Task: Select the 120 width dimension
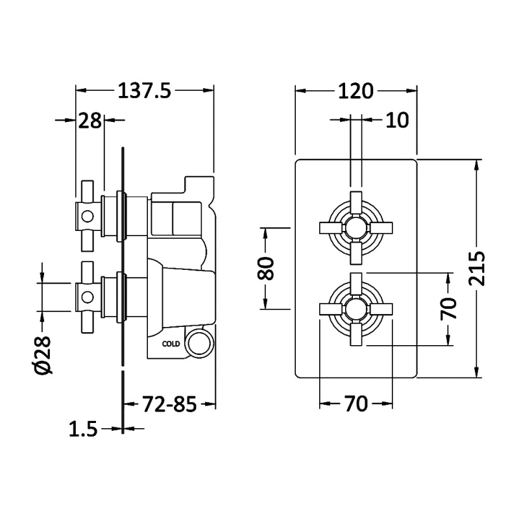(356, 91)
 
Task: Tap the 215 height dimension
(477, 269)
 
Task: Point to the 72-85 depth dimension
(169, 404)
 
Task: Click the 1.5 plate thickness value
(83, 429)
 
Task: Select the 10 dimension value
(398, 120)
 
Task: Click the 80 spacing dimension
(265, 269)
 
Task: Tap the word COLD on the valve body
(171, 344)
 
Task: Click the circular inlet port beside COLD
(199, 343)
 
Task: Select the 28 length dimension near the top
(90, 121)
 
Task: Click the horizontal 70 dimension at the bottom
(356, 404)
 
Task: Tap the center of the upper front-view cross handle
(356, 228)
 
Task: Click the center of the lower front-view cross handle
(356, 309)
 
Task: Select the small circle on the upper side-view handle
(88, 217)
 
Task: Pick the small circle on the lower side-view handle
(88, 297)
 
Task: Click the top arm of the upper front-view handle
(356, 202)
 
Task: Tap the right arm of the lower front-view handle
(381, 309)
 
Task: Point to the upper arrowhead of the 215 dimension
(477, 165)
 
